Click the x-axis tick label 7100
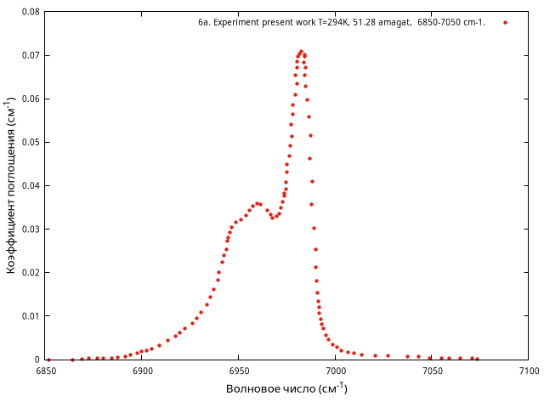point(528,371)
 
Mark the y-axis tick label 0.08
point(29,12)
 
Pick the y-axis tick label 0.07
point(29,55)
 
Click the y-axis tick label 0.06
point(29,99)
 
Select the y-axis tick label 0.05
point(29,142)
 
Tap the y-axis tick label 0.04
point(29,185)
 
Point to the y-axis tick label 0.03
point(29,229)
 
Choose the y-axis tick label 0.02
point(29,273)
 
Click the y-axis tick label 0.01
point(29,316)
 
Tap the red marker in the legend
point(505,23)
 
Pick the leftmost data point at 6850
point(48,360)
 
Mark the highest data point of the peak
point(301,52)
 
